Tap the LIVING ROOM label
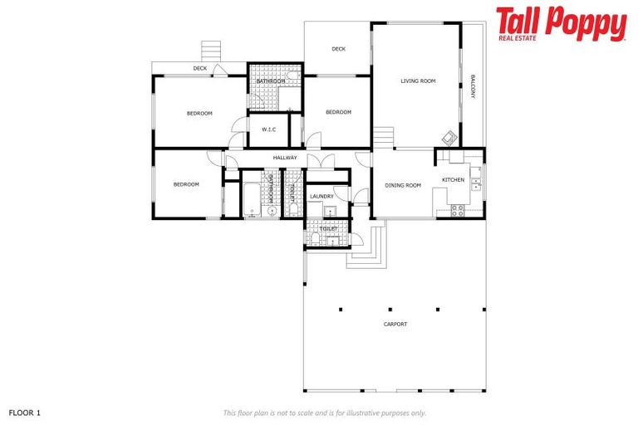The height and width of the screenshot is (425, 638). tap(418, 81)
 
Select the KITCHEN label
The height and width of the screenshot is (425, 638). tap(453, 179)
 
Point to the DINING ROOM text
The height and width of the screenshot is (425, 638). tap(403, 185)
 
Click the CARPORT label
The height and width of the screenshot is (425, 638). tap(395, 324)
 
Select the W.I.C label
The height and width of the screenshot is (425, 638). tap(268, 129)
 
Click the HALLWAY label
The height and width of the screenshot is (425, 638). tap(285, 157)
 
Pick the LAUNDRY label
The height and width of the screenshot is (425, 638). tap(321, 196)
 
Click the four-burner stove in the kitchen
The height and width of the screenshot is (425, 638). tap(457, 209)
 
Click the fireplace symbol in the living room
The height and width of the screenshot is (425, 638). tap(449, 137)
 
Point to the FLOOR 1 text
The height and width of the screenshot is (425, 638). tap(24, 412)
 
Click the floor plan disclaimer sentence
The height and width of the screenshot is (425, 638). tap(325, 413)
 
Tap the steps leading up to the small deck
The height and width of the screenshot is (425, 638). tap(212, 49)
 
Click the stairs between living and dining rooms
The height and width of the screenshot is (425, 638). tap(382, 136)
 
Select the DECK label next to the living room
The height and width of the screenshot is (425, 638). tap(338, 49)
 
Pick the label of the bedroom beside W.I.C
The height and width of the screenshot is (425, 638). tap(199, 113)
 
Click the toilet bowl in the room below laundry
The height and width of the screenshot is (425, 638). tap(317, 238)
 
